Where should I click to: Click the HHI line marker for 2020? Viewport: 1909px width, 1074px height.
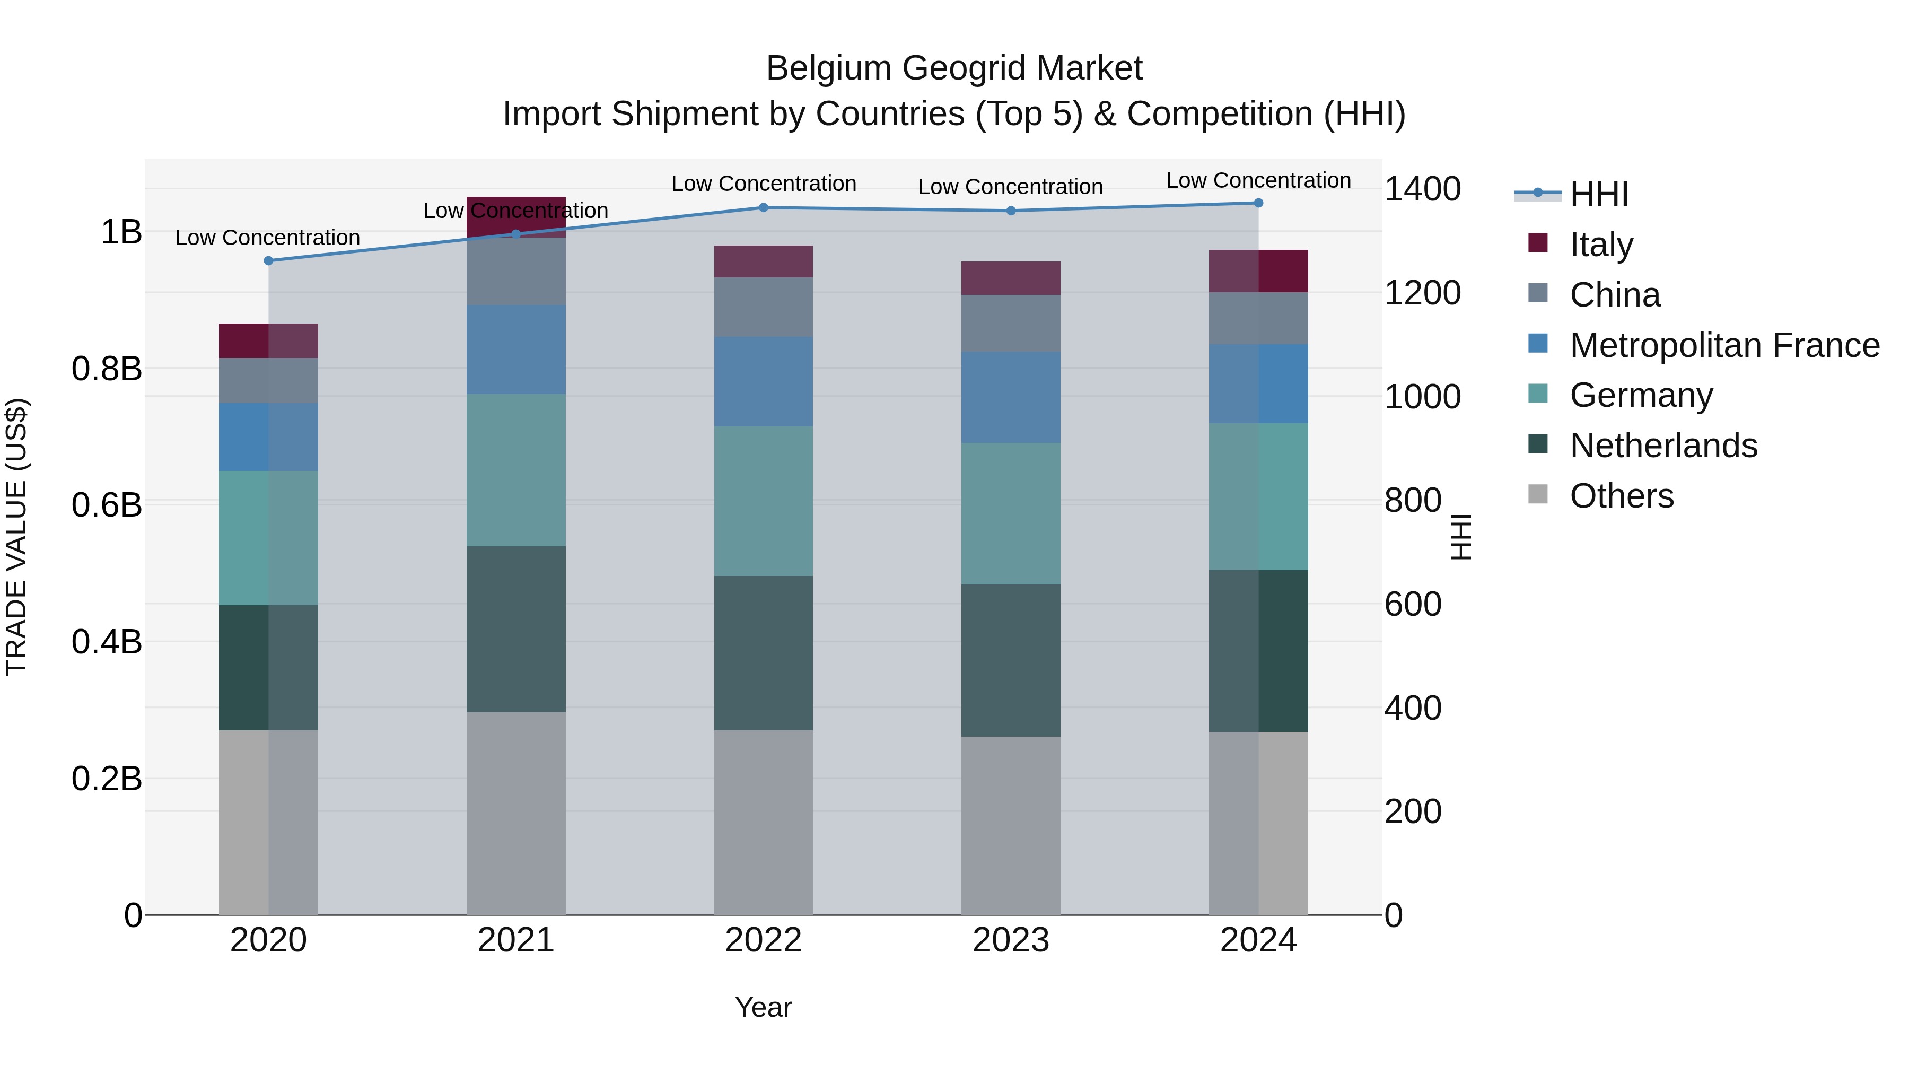click(x=268, y=261)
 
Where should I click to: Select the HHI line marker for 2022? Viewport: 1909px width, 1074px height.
click(x=763, y=207)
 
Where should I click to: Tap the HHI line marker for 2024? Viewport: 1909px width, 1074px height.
click(x=1258, y=203)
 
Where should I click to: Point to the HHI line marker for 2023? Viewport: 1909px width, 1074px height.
click(x=1011, y=211)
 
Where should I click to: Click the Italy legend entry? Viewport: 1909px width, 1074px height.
click(x=1601, y=244)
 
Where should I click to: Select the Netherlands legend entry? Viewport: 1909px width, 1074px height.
click(x=1663, y=446)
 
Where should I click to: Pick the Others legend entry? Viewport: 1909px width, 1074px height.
click(x=1622, y=496)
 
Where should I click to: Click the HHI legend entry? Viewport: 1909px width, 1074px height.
click(x=1598, y=194)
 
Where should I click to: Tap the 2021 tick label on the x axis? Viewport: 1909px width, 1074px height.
click(x=516, y=940)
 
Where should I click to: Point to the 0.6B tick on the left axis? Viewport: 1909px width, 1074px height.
click(x=107, y=505)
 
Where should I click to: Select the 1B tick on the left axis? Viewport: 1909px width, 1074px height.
click(x=121, y=232)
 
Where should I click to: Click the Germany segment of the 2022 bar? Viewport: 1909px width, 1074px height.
click(x=763, y=501)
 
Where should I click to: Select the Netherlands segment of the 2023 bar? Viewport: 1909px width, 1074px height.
click(x=1011, y=660)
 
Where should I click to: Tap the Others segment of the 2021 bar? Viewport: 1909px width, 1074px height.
click(x=516, y=813)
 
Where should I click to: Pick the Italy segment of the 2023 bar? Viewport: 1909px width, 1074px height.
click(x=1011, y=278)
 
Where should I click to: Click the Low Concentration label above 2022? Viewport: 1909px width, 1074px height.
click(x=763, y=184)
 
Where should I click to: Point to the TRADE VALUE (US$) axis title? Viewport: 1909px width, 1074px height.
click(x=16, y=537)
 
